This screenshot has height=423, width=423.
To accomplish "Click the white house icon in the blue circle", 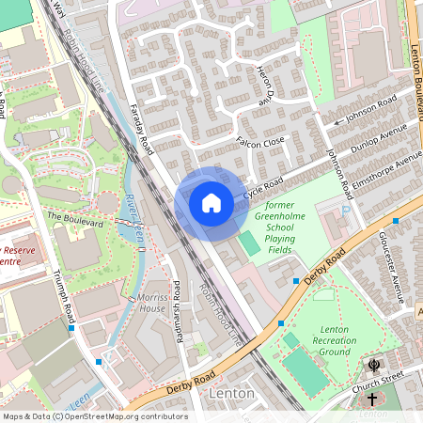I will tap(211, 202).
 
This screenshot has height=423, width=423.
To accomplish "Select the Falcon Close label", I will tap(261, 141).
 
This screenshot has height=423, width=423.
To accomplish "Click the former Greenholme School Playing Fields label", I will tap(291, 227).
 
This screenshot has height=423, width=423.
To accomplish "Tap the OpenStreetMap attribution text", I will tap(94, 416).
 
